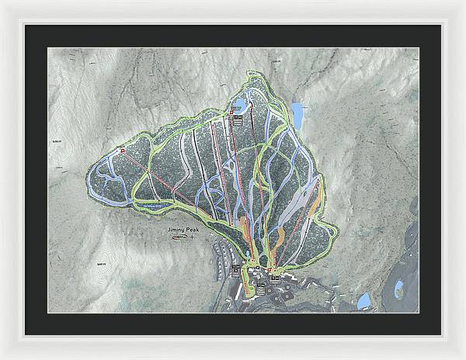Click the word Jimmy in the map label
pos(176,230)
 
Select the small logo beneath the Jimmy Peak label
pos(180,238)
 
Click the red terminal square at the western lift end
pos(123,149)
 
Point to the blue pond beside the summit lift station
pos(242,105)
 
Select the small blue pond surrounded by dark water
pos(398,290)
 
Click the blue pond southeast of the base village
pos(363,299)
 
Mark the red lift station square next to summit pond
pos(231,114)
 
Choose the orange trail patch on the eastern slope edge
pos(315,201)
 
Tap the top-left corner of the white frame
pos(4,4)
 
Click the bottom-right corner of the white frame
pos(461,355)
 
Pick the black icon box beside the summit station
pos(240,120)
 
